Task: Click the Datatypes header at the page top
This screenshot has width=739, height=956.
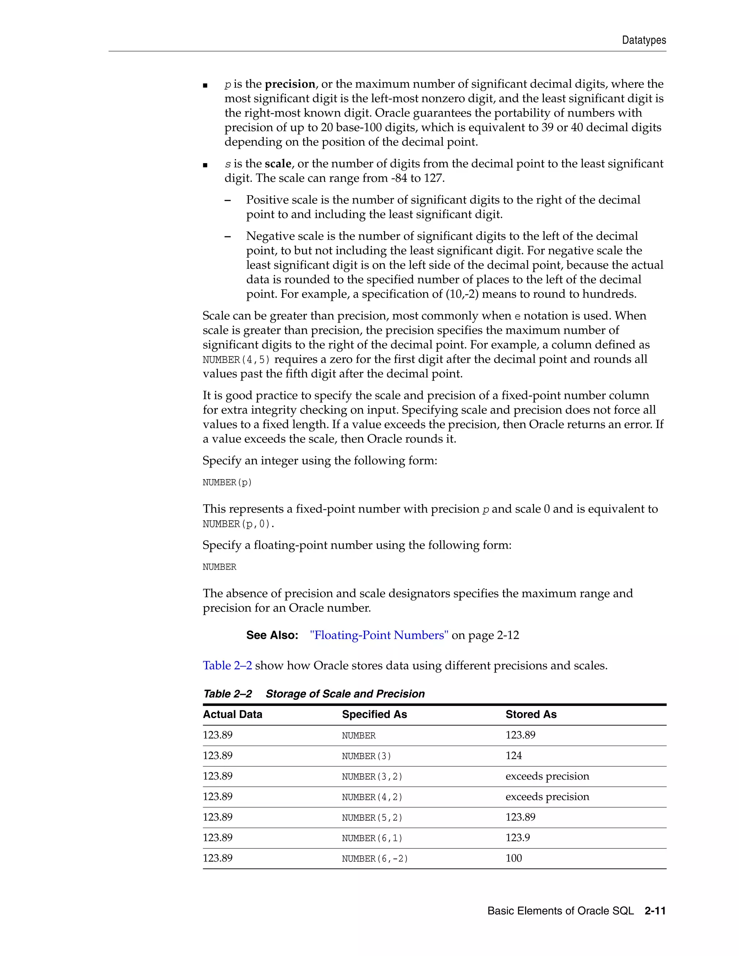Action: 644,40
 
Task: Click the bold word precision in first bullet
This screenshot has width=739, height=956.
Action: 290,84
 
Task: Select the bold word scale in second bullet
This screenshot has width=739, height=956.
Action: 277,164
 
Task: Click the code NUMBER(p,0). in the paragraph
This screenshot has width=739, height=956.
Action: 238,524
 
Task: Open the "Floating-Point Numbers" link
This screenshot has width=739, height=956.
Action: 379,635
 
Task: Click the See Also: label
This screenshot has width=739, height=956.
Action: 272,635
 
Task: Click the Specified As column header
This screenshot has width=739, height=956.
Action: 374,714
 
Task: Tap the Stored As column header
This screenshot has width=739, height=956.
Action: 530,714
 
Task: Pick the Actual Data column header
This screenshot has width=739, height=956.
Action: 232,714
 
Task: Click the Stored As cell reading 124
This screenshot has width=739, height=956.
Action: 513,755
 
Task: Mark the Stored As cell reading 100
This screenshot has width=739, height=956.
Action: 513,858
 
